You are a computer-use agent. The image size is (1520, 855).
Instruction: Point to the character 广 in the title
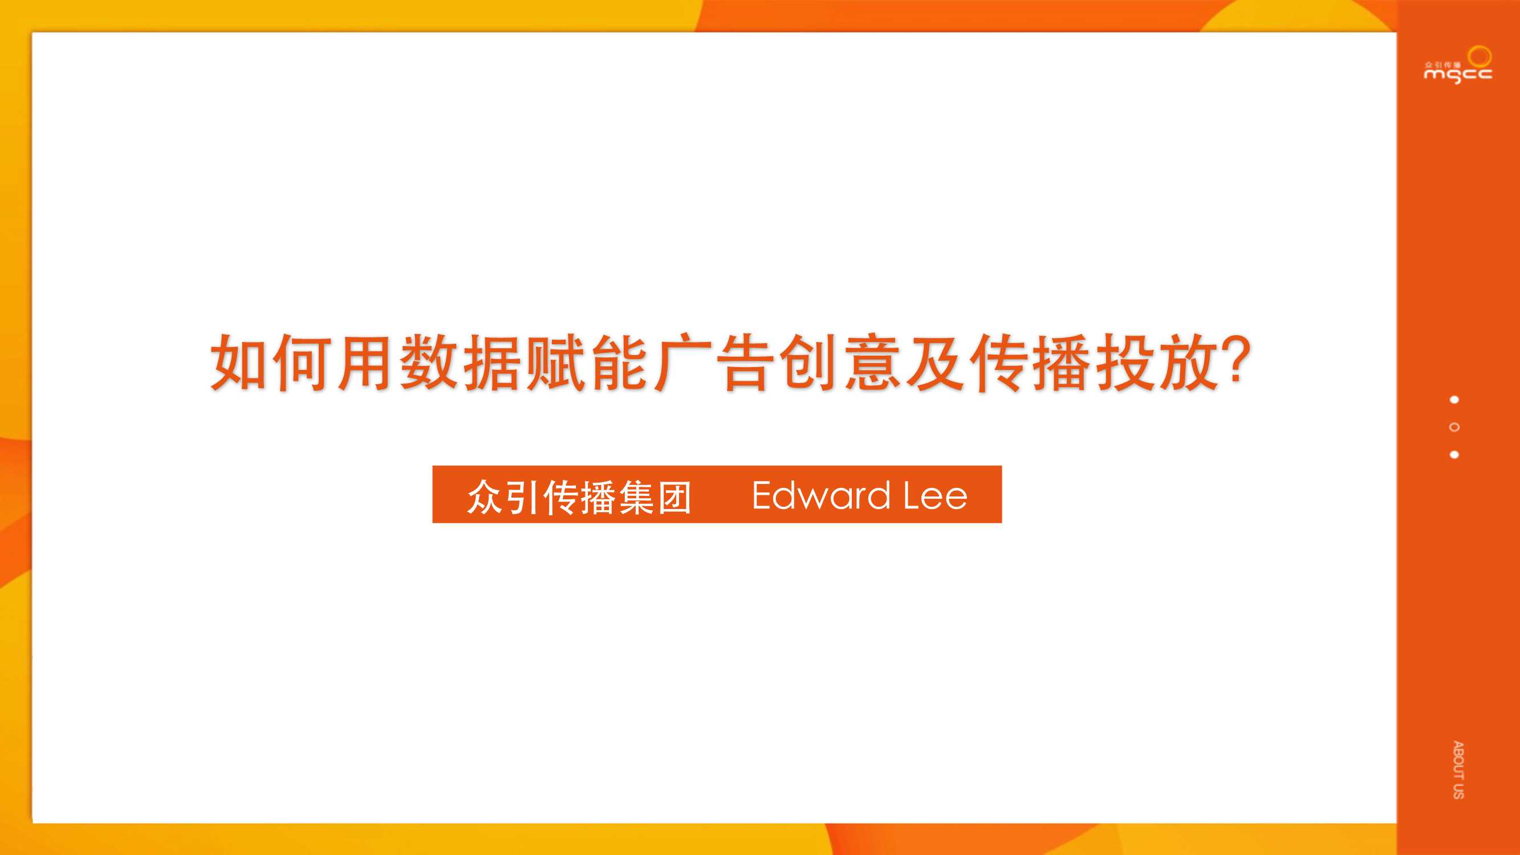(681, 362)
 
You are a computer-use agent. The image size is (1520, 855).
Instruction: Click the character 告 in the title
(745, 362)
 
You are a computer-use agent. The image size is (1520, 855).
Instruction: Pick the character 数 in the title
(429, 362)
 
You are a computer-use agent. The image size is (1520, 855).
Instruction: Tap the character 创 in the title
(808, 362)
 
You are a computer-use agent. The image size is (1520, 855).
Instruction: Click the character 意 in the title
(872, 362)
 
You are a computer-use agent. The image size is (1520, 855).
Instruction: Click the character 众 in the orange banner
(485, 497)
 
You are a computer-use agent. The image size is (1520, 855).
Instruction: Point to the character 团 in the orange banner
(674, 497)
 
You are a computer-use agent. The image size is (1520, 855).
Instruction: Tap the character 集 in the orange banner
(637, 497)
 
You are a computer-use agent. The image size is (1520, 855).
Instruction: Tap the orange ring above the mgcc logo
(1480, 56)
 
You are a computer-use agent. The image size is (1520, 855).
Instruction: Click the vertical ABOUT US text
(1458, 769)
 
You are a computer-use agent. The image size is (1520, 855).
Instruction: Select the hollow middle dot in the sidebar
(1454, 427)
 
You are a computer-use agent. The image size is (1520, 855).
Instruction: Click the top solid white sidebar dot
(1454, 400)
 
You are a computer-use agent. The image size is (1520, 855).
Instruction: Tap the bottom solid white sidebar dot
(1454, 454)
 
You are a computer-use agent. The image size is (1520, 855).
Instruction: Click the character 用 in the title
(366, 362)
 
